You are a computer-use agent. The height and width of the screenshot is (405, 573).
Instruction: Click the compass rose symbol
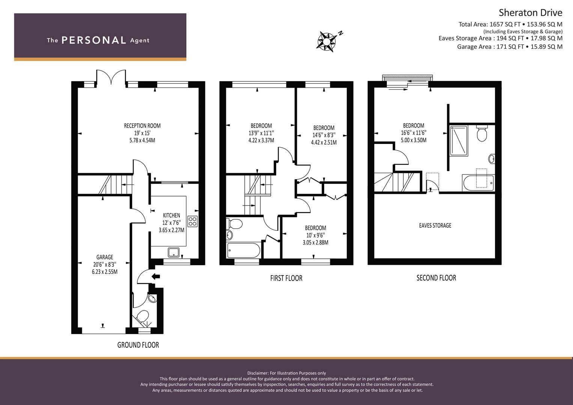[328, 41]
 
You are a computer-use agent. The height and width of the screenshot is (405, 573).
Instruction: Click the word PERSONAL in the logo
[94, 40]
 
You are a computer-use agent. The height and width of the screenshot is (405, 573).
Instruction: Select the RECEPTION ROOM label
[142, 126]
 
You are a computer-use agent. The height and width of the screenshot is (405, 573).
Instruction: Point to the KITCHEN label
[171, 215]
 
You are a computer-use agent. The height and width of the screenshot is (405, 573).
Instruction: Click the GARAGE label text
[105, 257]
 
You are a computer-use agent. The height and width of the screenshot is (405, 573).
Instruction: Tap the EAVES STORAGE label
[435, 225]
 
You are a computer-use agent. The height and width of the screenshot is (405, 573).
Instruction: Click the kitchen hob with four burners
[193, 221]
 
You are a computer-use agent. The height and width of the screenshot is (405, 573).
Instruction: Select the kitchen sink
[174, 252]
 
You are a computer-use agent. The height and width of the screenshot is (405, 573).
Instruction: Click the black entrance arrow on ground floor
[155, 276]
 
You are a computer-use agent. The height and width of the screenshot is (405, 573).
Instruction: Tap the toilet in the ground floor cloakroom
[142, 316]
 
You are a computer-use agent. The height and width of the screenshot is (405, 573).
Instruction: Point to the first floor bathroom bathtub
[244, 250]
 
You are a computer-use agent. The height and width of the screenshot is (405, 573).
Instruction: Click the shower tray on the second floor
[459, 141]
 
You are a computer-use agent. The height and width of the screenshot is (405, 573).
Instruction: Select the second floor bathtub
[478, 183]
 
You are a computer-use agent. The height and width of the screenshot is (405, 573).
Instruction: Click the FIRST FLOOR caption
[286, 278]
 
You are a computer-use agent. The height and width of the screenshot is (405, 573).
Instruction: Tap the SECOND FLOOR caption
[436, 278]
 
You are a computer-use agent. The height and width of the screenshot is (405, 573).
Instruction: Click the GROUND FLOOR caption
[138, 345]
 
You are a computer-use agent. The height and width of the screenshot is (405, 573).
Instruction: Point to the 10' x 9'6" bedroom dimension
[316, 235]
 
